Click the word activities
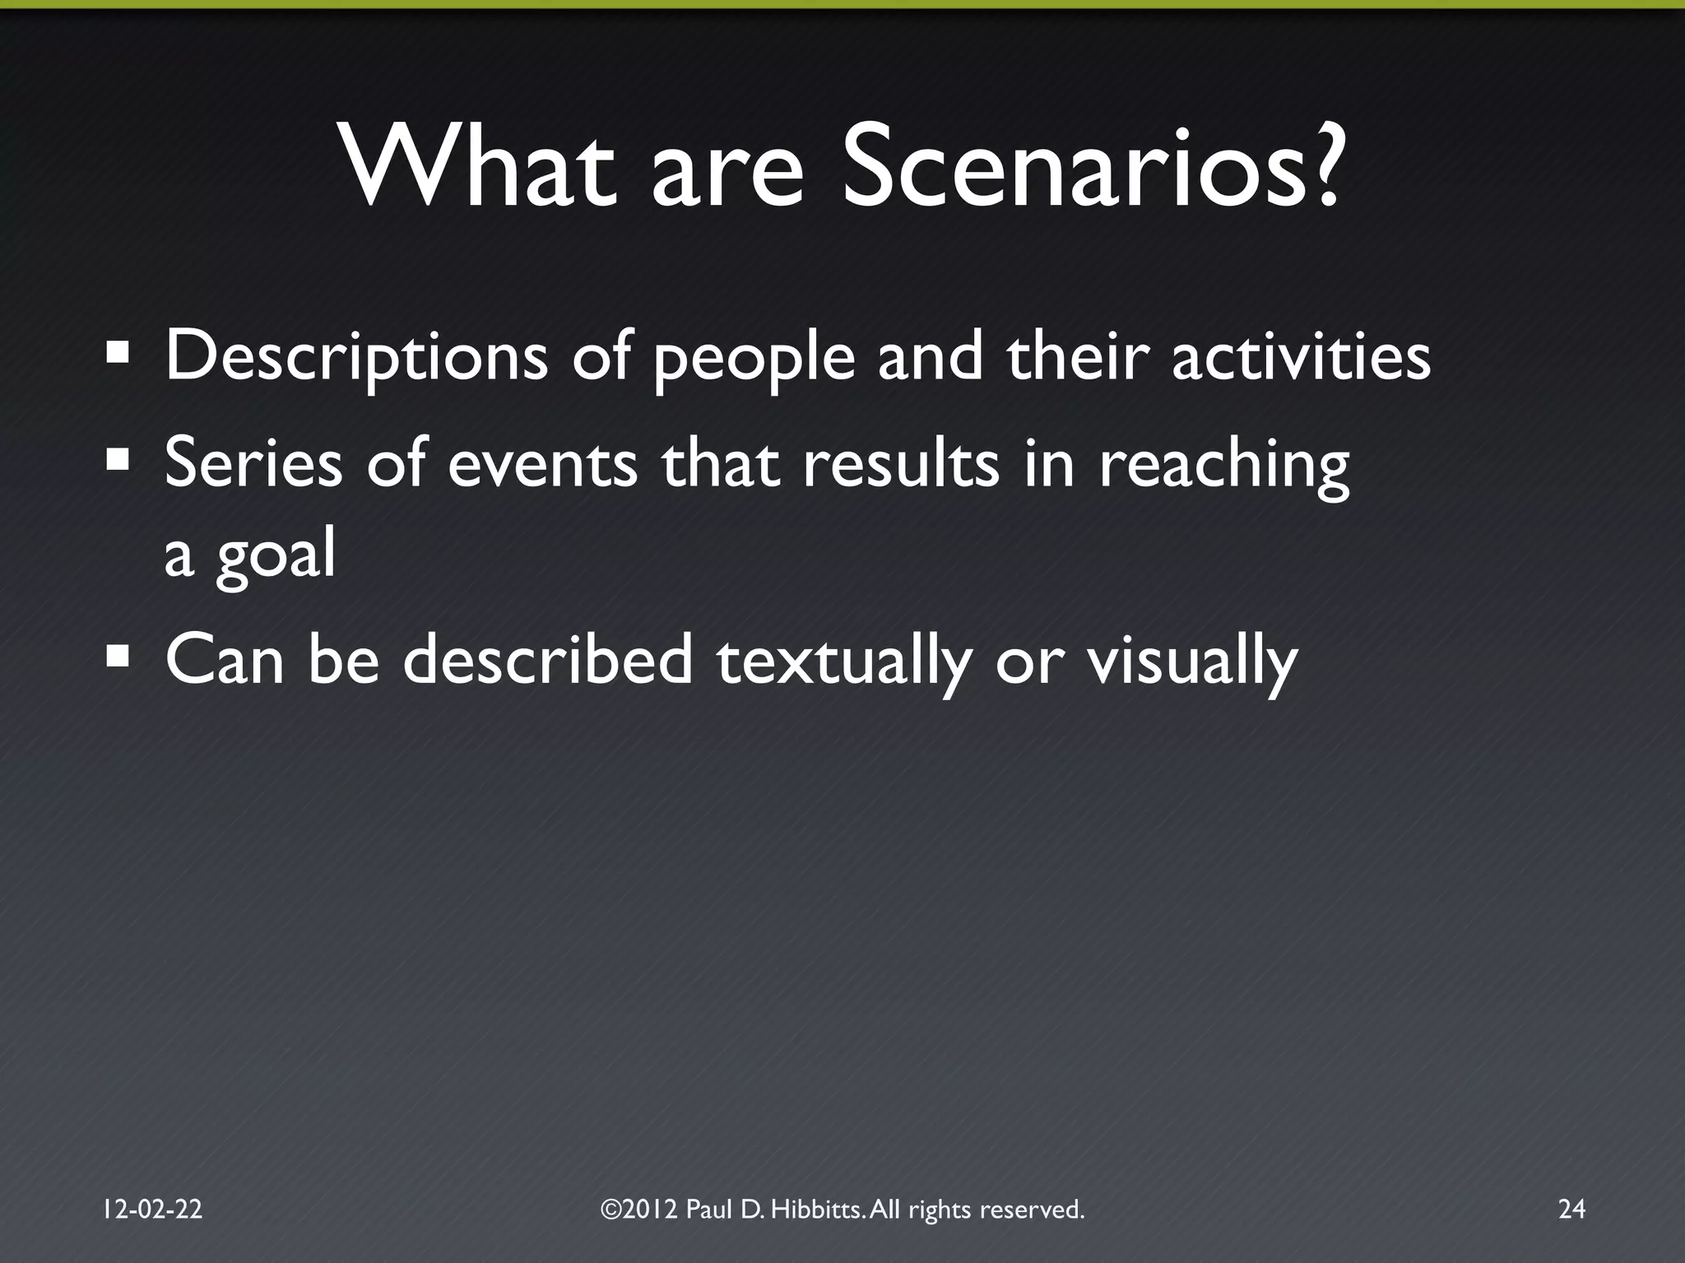point(1301,356)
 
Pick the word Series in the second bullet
point(253,462)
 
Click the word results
point(901,462)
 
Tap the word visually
point(1193,662)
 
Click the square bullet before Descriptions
point(118,355)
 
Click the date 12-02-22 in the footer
point(153,1210)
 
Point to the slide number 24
point(1571,1210)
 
